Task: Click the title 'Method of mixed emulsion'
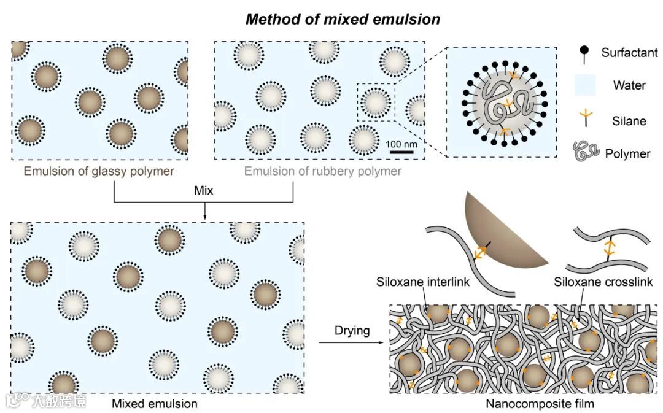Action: pyautogui.click(x=343, y=19)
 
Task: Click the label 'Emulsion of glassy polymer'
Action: pyautogui.click(x=99, y=171)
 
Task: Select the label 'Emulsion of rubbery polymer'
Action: pyautogui.click(x=323, y=171)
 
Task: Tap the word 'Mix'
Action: pyautogui.click(x=204, y=191)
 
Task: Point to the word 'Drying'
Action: pyautogui.click(x=352, y=331)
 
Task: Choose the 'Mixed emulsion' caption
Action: pyautogui.click(x=155, y=404)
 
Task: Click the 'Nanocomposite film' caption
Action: pyautogui.click(x=540, y=404)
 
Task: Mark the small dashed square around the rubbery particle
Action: pyautogui.click(x=376, y=102)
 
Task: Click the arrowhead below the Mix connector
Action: pyautogui.click(x=204, y=215)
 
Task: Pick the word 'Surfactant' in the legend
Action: pyautogui.click(x=629, y=53)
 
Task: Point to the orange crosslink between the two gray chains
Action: pyautogui.click(x=609, y=248)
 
